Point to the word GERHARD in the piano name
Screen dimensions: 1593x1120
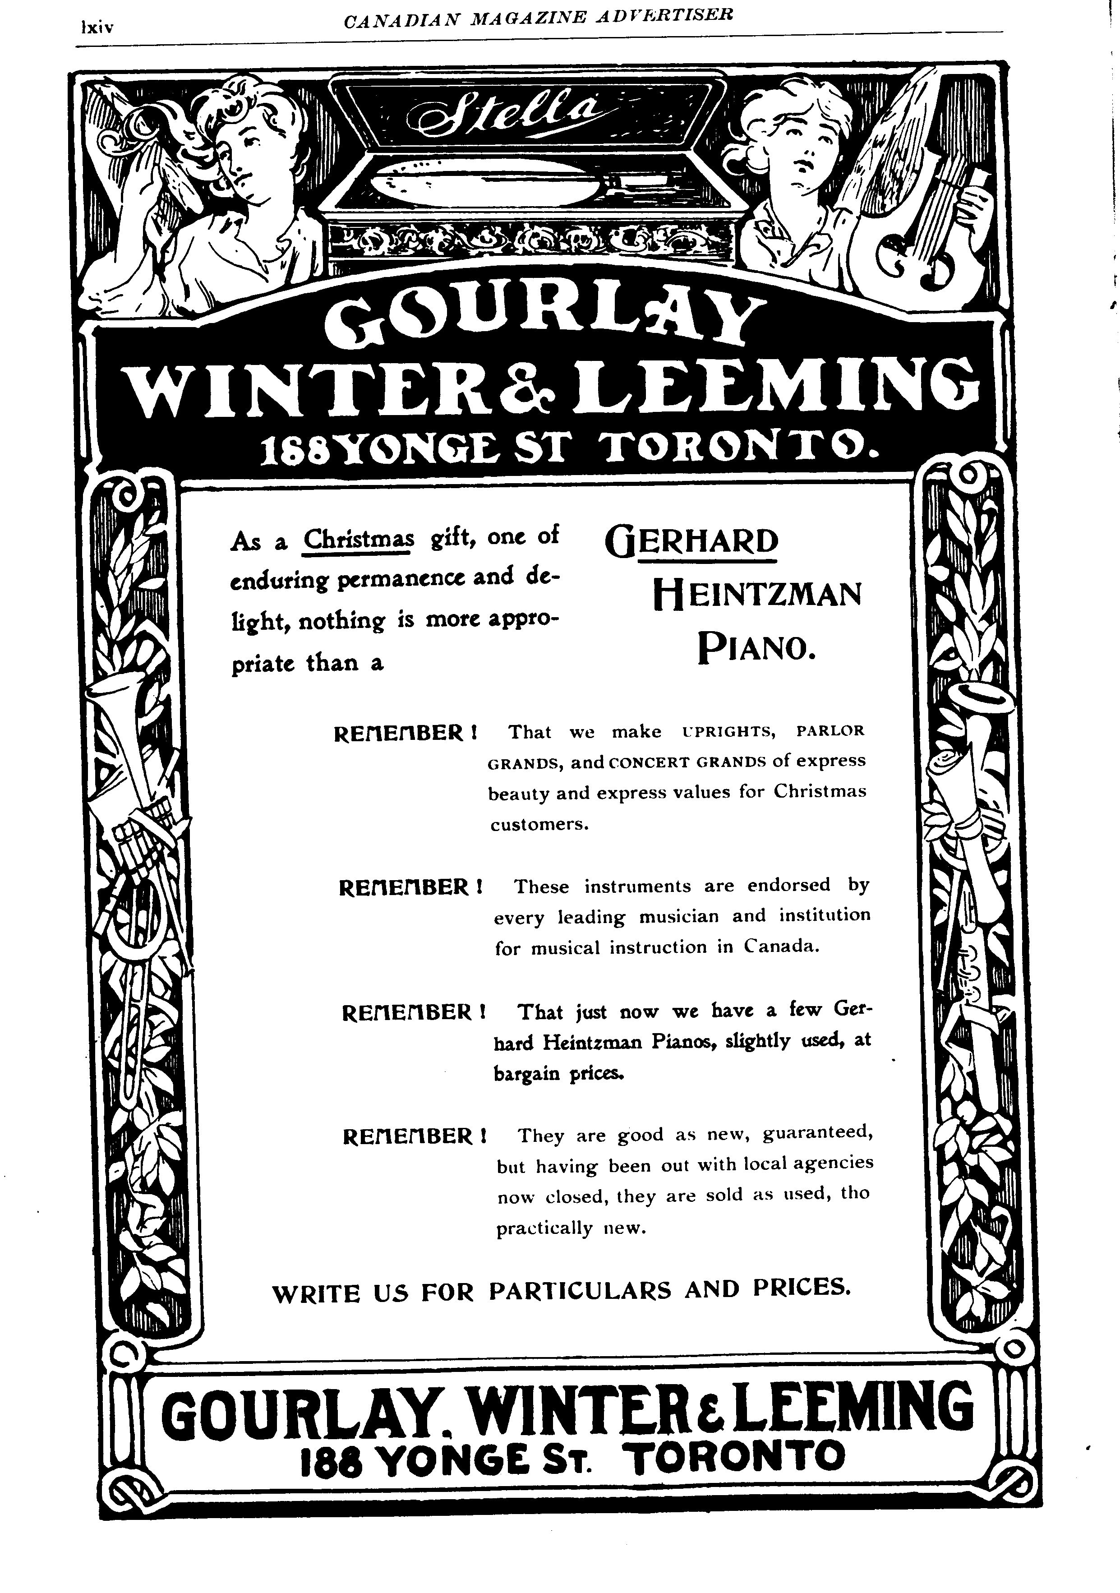point(691,542)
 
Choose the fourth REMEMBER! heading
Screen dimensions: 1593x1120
point(415,1136)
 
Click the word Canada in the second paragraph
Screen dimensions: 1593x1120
point(782,947)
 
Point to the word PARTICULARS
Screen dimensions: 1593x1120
point(579,1290)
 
